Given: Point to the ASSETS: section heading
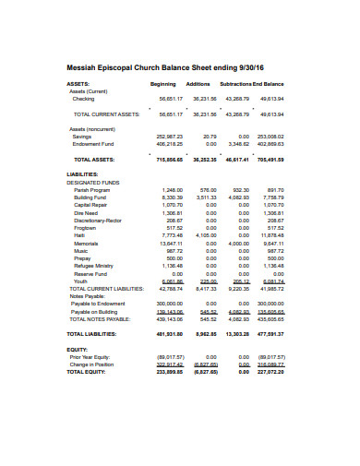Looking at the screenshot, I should coord(79,83).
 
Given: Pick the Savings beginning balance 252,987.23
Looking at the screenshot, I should coord(170,135).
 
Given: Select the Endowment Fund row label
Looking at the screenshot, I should coord(93,143).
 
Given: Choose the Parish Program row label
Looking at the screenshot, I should coord(92,189).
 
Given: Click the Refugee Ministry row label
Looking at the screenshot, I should coord(95,266).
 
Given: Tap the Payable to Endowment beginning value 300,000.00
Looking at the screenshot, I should coord(169,303).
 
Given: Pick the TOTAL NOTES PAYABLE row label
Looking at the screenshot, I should coord(102,318).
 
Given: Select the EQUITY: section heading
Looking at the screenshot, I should coord(77,349).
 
